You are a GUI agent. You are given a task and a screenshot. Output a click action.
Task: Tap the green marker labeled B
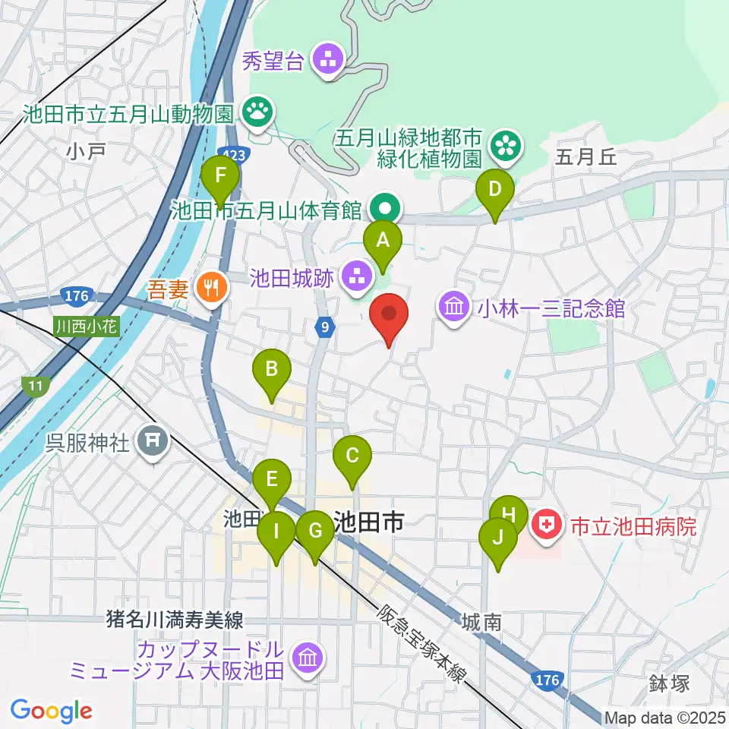(x=272, y=372)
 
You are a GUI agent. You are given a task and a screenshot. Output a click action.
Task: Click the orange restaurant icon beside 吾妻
(x=208, y=287)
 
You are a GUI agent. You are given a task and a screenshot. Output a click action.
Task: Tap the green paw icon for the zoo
(x=258, y=112)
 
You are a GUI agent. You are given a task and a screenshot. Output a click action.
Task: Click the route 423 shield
(x=235, y=154)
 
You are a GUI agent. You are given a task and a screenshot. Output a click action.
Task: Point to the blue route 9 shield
(x=325, y=327)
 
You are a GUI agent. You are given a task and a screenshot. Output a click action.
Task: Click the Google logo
(x=52, y=711)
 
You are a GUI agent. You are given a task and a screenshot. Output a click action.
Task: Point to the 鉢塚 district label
(x=668, y=683)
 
